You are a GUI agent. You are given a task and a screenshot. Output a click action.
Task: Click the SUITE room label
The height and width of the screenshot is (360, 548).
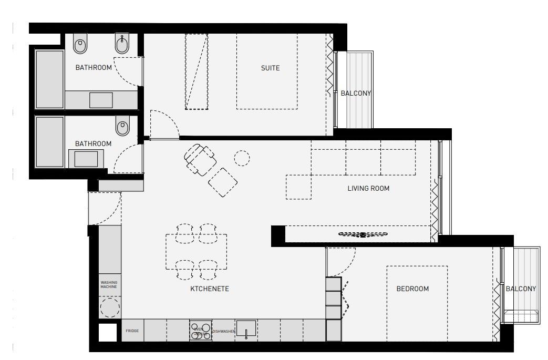(x=270, y=68)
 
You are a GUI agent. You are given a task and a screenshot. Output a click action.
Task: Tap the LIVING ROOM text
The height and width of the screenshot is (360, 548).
(x=368, y=188)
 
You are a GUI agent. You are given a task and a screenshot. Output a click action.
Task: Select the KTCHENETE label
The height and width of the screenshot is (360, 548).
(x=210, y=289)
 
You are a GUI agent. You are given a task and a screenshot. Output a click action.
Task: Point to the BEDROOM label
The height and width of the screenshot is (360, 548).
(x=412, y=289)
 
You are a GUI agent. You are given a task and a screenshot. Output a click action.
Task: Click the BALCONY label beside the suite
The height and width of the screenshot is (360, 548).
(x=356, y=94)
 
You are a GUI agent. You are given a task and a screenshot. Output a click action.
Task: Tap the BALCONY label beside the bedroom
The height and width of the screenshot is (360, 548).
(x=521, y=289)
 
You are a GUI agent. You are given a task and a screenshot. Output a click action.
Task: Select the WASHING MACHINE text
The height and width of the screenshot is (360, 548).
(x=109, y=285)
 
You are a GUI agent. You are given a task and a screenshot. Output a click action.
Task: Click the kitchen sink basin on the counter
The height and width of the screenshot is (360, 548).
(x=246, y=329)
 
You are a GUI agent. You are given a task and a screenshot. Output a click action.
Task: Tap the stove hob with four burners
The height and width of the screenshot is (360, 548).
(x=200, y=331)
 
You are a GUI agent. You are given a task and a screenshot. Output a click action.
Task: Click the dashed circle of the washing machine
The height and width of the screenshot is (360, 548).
(x=110, y=307)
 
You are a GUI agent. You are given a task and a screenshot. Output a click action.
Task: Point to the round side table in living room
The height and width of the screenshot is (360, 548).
(x=242, y=157)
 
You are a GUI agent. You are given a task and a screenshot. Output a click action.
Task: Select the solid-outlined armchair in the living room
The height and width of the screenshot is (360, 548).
(x=200, y=159)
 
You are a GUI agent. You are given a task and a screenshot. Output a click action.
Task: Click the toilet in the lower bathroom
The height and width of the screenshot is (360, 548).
(x=123, y=126)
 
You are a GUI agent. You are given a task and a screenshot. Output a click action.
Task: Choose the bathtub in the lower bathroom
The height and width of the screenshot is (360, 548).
(x=49, y=141)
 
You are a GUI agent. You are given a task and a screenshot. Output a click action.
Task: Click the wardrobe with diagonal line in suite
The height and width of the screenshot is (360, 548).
(x=196, y=71)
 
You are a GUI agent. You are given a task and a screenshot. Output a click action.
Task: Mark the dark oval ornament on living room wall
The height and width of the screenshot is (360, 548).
(x=363, y=234)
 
